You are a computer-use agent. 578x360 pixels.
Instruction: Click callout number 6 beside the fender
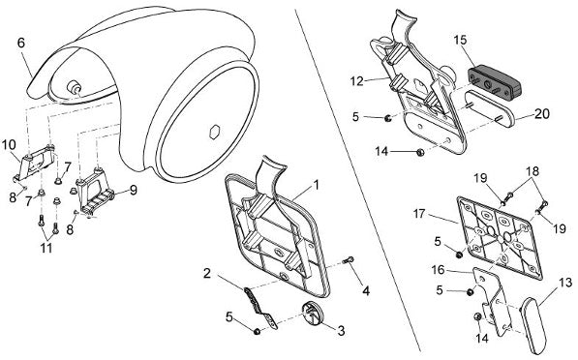(x=21, y=43)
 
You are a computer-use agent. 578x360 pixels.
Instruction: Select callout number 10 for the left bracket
(x=9, y=144)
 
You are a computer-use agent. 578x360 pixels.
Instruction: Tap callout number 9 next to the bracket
(x=133, y=190)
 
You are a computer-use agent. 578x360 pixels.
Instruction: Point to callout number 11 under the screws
(x=46, y=248)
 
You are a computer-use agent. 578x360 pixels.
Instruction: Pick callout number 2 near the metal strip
(x=207, y=274)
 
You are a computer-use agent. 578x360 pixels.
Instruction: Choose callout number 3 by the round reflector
(x=341, y=331)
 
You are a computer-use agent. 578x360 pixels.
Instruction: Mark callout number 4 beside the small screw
(x=365, y=290)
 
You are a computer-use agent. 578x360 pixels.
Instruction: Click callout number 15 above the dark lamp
(x=460, y=40)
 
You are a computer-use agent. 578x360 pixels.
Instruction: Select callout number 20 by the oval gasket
(x=542, y=114)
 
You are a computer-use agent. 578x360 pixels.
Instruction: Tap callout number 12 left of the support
(x=357, y=80)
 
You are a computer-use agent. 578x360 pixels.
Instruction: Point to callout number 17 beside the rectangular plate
(x=419, y=213)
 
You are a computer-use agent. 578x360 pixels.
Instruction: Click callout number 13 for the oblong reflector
(x=565, y=283)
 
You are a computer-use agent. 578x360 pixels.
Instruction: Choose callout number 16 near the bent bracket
(x=439, y=270)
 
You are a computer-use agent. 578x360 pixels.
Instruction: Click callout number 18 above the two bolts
(x=532, y=171)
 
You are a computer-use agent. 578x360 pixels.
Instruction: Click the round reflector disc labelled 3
(x=312, y=313)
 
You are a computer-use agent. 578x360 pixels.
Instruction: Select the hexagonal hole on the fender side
(x=215, y=132)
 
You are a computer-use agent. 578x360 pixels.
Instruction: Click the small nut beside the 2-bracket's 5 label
(x=257, y=332)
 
